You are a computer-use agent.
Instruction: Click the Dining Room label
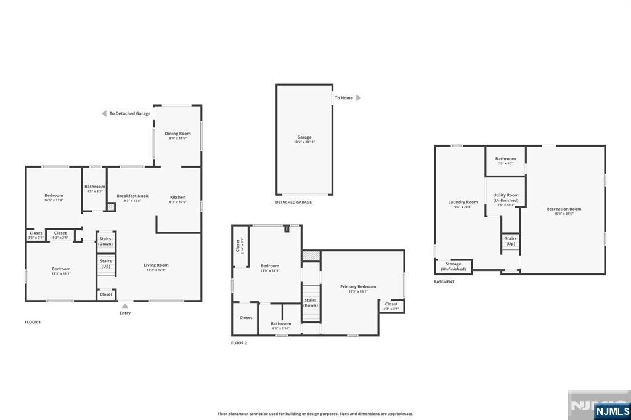[177, 134]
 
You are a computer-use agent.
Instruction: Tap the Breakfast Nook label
[132, 196]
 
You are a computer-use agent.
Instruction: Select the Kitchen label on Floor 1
[177, 198]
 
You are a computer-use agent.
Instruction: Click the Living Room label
[156, 265]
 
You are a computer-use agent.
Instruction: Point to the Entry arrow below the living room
[125, 305]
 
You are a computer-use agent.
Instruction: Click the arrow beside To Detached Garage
[104, 113]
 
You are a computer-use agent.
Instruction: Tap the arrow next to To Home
[359, 98]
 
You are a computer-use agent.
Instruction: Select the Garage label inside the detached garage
[304, 137]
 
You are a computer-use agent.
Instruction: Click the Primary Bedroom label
[358, 286]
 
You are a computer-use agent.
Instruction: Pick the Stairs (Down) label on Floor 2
[311, 302]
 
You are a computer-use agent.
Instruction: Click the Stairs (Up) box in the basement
[510, 241]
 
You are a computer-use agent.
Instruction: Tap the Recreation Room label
[563, 209]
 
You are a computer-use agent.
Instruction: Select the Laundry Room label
[463, 202]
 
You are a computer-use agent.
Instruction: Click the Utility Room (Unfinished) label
[505, 198]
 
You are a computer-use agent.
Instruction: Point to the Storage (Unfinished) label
[453, 267]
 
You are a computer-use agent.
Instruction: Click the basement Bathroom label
[505, 159]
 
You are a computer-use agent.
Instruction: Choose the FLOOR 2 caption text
[239, 342]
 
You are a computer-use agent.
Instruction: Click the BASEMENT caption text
[444, 281]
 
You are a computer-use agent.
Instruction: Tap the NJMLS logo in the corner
[611, 411]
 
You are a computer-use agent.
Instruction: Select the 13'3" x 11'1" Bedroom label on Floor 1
[61, 269]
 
